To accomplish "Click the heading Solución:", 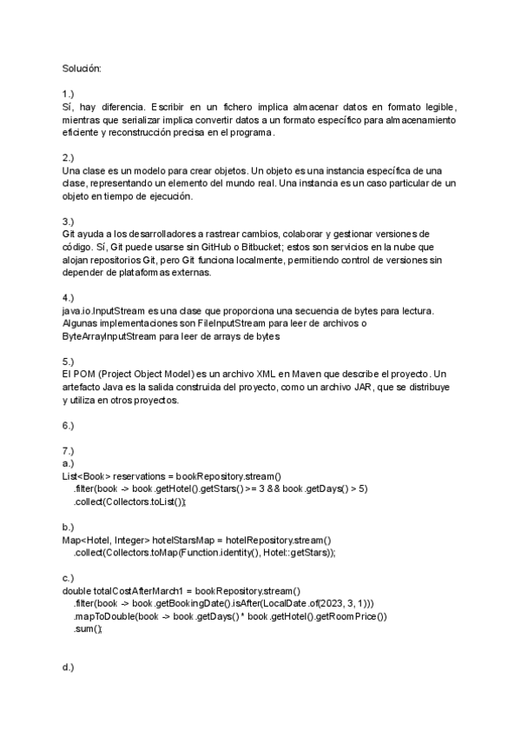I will coord(82,68).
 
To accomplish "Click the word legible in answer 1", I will coord(435,106).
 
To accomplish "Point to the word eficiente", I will coord(80,132).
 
